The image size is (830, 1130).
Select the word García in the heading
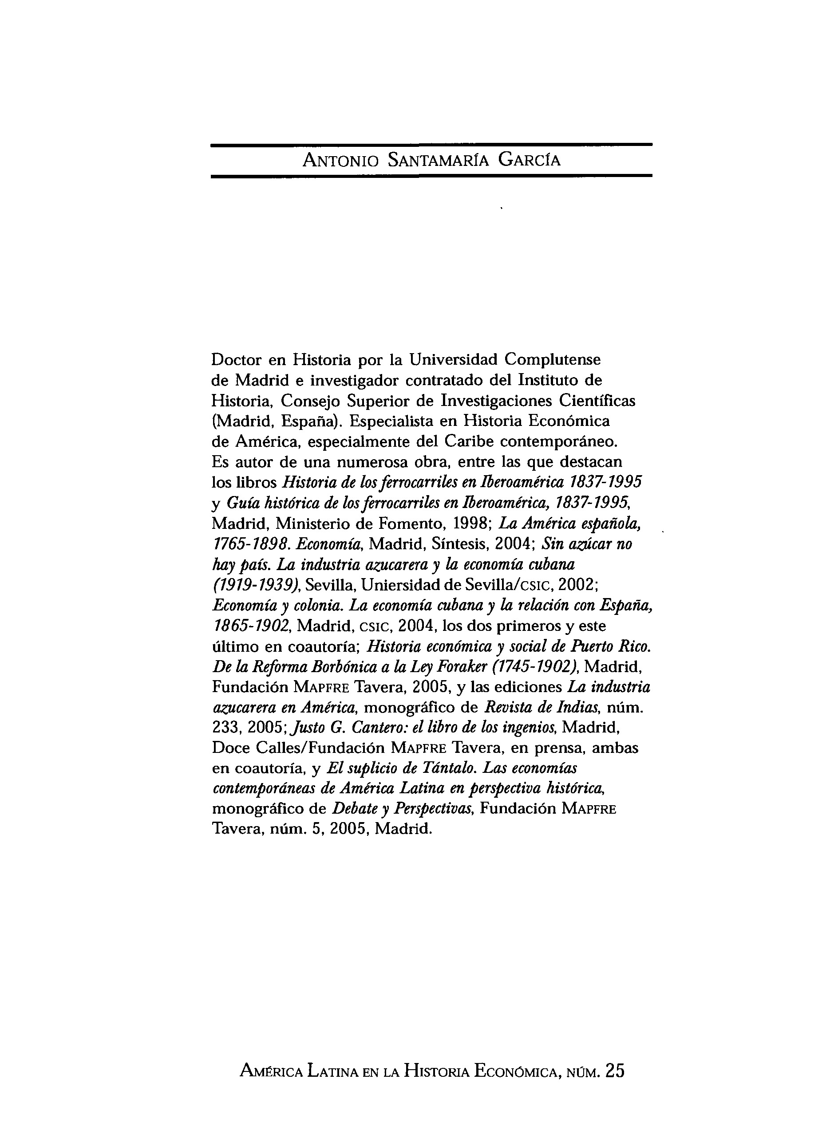pyautogui.click(x=529, y=161)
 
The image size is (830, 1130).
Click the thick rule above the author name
pyautogui.click(x=431, y=145)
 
